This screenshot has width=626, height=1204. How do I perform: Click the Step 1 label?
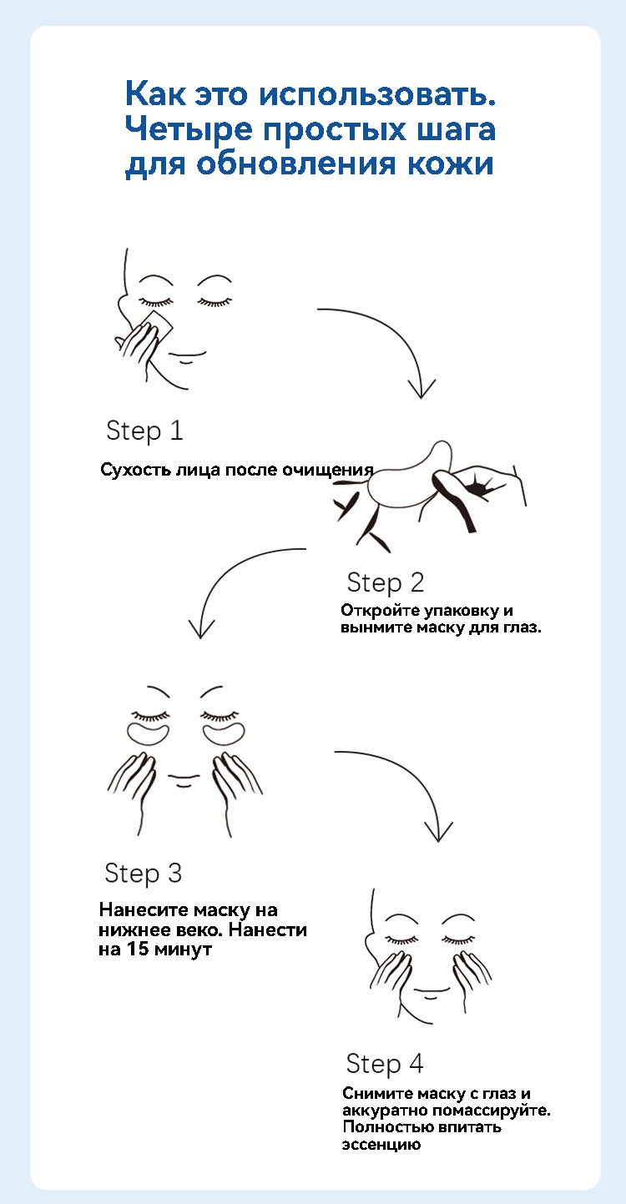click(144, 431)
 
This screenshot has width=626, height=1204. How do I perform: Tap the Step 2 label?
click(386, 583)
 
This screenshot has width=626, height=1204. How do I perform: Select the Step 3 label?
click(143, 874)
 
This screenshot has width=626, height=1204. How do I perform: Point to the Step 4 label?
click(385, 1064)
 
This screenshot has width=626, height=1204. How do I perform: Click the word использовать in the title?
click(377, 94)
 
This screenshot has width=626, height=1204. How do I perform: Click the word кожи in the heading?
click(451, 164)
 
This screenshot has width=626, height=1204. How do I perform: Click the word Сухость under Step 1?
click(136, 469)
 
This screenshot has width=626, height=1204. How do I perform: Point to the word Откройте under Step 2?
click(381, 611)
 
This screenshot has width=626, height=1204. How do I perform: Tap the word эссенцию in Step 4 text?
click(381, 1145)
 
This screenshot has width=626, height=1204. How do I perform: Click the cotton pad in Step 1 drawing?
click(155, 325)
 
